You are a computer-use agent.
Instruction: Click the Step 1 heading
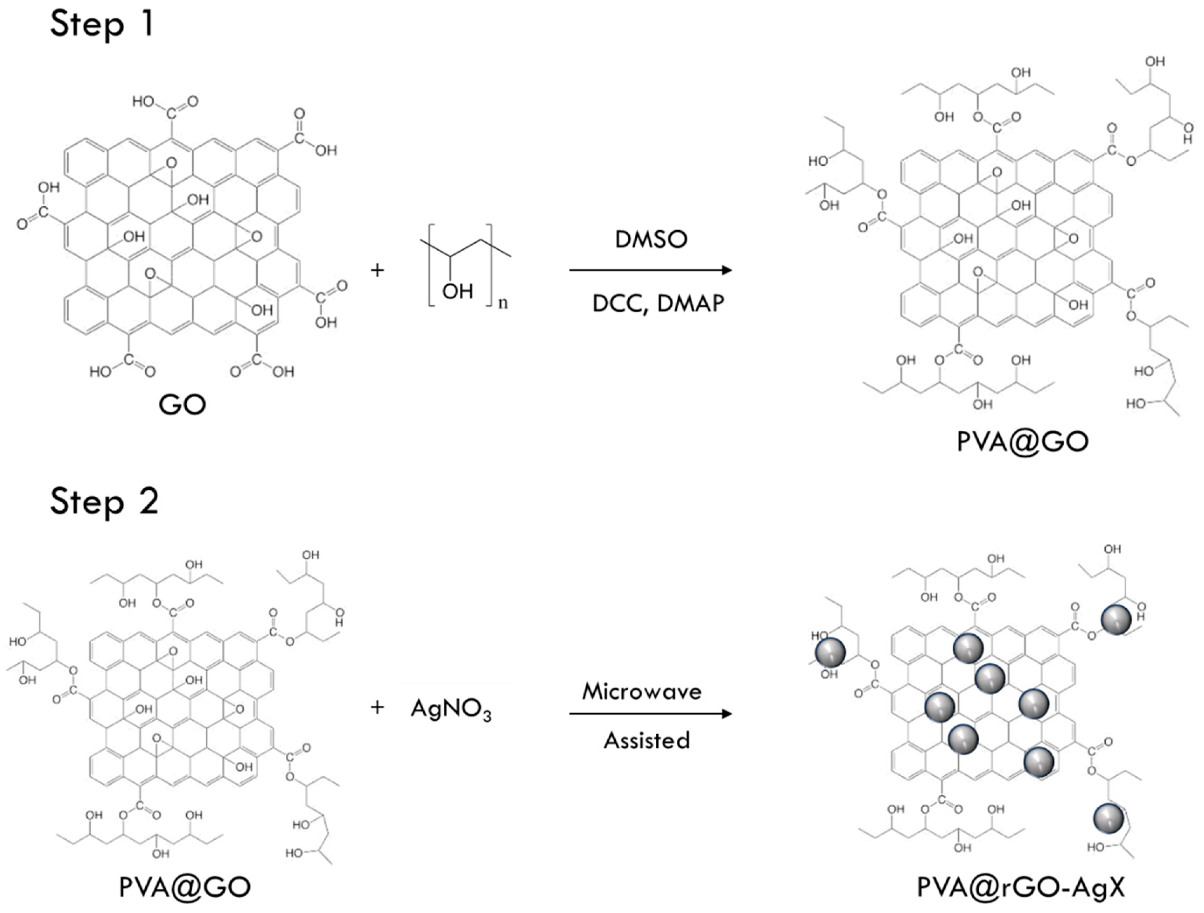click(x=102, y=25)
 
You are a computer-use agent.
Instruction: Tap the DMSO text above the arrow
click(x=651, y=239)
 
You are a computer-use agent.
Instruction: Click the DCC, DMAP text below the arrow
click(x=658, y=303)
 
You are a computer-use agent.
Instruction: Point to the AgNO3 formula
click(x=451, y=709)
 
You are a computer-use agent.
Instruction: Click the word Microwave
click(x=642, y=692)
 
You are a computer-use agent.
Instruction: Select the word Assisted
click(x=647, y=740)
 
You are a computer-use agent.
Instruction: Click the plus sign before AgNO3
click(x=377, y=708)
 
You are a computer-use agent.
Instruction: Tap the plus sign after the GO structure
click(x=377, y=270)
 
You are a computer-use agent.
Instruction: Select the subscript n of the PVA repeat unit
click(x=503, y=304)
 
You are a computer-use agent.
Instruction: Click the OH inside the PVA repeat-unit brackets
click(x=457, y=292)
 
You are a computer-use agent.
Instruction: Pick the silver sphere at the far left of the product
click(x=830, y=652)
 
